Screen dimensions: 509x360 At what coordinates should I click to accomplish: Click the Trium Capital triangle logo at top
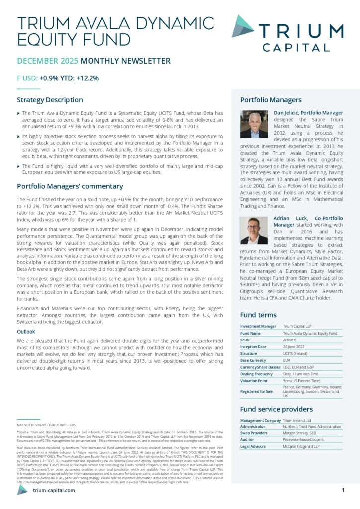click(243, 26)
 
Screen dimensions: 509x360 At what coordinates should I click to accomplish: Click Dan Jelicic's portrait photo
click(254, 124)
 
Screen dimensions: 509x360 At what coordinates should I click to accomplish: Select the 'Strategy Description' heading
click(50, 100)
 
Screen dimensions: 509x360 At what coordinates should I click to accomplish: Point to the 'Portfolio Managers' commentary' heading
click(70, 186)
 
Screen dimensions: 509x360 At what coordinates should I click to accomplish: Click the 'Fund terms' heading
click(258, 315)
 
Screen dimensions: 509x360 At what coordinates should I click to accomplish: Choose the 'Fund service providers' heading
click(276, 409)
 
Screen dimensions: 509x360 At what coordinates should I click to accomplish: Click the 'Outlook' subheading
click(26, 331)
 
